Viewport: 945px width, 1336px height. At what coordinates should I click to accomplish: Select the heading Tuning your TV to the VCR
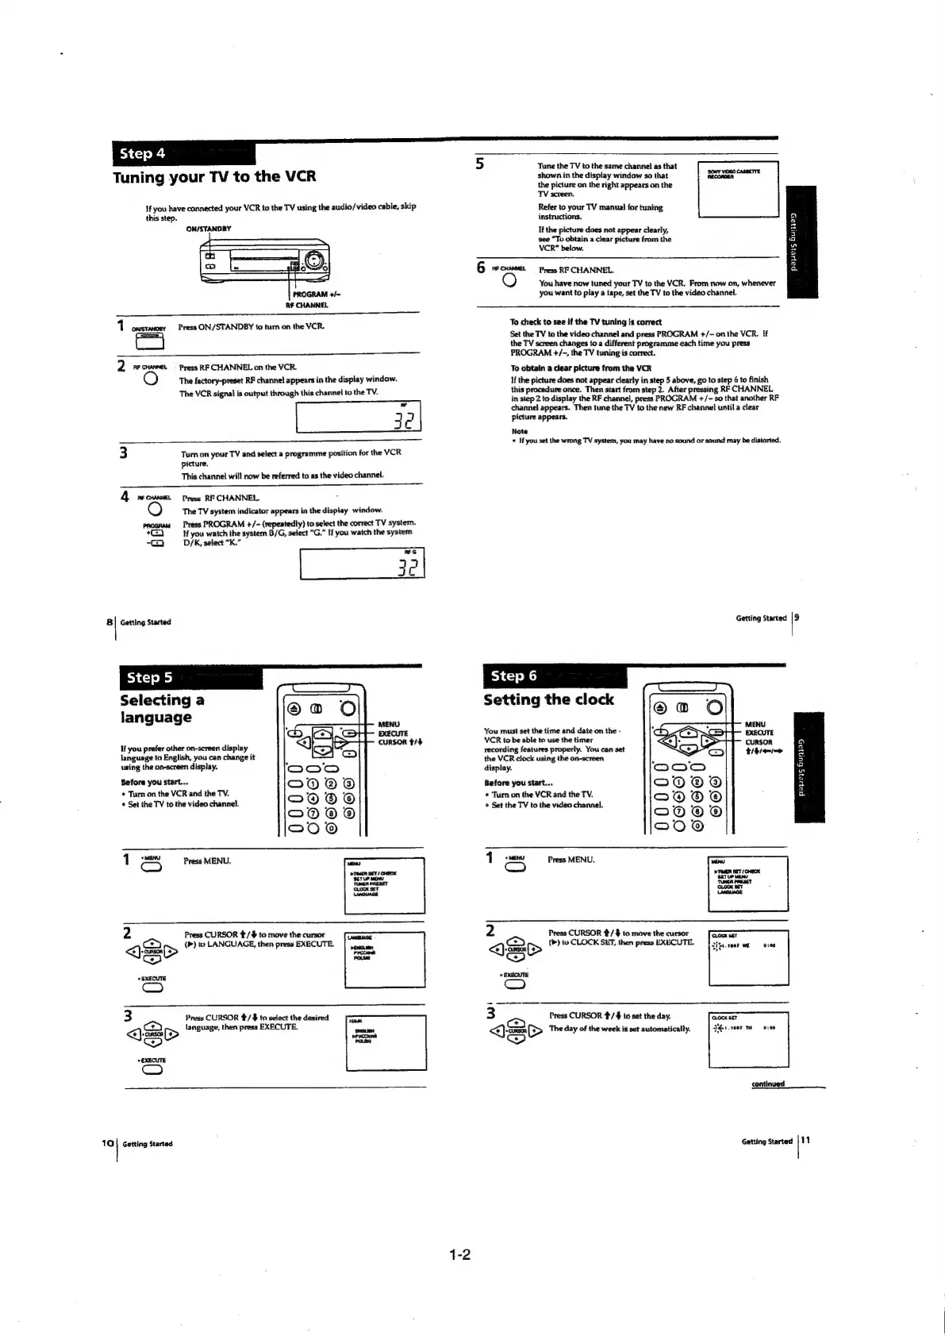tap(214, 177)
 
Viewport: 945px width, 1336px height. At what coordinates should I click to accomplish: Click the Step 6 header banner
tap(554, 676)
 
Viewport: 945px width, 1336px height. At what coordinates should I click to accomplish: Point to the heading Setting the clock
tap(548, 699)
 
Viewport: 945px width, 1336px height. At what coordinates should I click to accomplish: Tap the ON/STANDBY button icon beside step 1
tap(150, 341)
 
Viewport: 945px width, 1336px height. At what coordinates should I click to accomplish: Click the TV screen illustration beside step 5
tap(737, 189)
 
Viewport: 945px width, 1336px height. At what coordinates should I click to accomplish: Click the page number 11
tap(805, 1141)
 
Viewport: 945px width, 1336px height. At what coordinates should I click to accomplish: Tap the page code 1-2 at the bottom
tap(460, 1255)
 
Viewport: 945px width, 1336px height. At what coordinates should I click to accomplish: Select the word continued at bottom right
tap(768, 1084)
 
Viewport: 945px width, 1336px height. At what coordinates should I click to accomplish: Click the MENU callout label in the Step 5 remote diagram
tap(389, 724)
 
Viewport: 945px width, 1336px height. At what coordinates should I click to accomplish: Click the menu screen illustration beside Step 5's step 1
tap(385, 886)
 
